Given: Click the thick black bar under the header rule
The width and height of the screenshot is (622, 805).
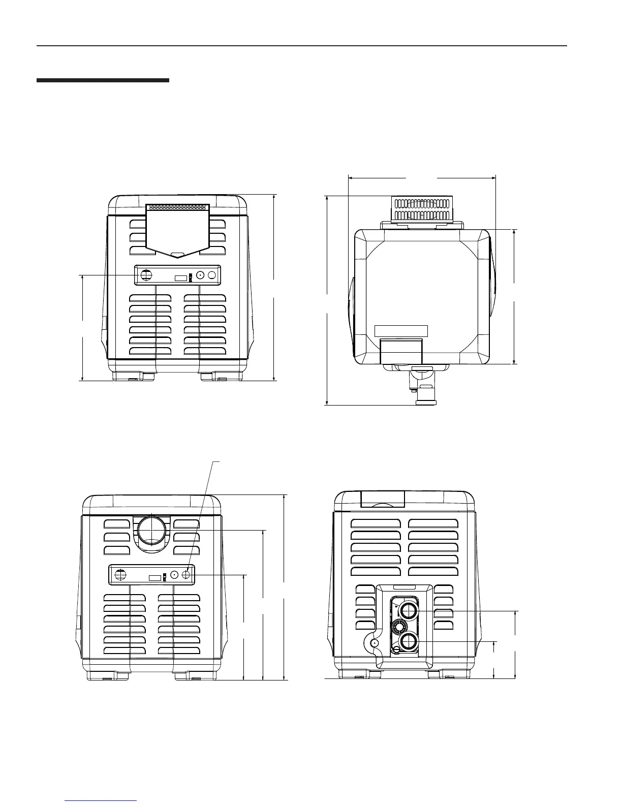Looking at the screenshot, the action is (x=103, y=80).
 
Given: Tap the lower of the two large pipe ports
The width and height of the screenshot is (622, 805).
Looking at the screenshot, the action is (x=408, y=642).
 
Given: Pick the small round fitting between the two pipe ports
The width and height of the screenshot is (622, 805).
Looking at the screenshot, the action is (x=398, y=626).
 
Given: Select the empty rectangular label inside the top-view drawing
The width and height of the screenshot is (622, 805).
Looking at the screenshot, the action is (x=401, y=331).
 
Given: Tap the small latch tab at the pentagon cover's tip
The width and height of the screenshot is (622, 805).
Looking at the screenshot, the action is (x=177, y=255).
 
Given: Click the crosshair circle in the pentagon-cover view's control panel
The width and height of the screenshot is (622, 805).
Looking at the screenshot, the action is (x=146, y=275).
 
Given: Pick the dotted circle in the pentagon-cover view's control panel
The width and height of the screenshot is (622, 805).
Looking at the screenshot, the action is (x=200, y=275).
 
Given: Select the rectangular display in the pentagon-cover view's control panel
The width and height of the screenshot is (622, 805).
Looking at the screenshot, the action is (x=180, y=278).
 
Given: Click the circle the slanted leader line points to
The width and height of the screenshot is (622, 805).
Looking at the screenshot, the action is (x=186, y=574).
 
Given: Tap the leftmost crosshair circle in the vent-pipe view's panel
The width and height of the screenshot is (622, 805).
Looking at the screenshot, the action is (x=120, y=575).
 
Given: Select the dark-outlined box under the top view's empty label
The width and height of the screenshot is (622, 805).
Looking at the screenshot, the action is (x=401, y=351).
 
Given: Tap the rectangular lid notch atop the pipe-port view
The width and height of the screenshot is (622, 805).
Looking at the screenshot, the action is (x=382, y=499).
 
